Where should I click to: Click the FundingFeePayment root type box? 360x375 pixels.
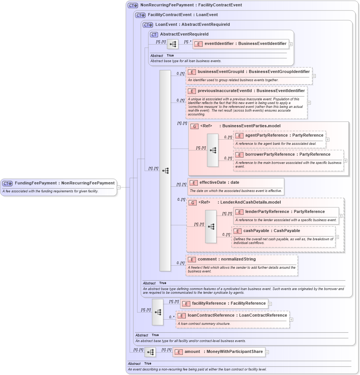tap(59, 183)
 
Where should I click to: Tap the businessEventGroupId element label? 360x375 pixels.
tap(249, 72)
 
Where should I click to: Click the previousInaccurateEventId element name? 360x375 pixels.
tap(246, 91)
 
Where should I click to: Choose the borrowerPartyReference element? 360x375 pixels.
tap(288, 155)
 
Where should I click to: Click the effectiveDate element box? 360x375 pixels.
tap(236, 183)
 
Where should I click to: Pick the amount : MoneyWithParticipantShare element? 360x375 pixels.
tap(219, 352)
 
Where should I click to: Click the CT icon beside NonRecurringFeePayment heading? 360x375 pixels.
tap(133, 5)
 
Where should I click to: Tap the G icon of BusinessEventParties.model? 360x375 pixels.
tap(194, 126)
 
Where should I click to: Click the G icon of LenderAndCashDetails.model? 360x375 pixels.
tap(192, 202)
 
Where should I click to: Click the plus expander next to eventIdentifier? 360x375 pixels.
tap(291, 44)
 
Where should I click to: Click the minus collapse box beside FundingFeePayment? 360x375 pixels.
tap(119, 187)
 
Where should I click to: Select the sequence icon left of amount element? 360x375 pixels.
tap(150, 352)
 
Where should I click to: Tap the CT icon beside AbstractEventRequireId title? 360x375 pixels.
tap(154, 34)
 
